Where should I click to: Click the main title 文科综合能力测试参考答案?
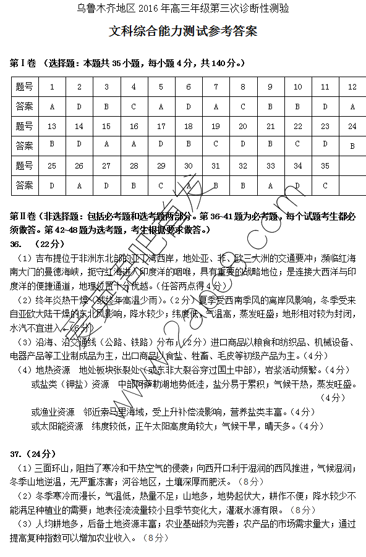tap(183, 31)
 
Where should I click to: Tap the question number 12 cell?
tap(352, 87)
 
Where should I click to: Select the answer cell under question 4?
tap(134, 107)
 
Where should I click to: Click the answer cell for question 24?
tap(352, 146)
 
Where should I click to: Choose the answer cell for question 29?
tap(161, 185)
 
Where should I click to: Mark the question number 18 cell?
tap(189, 127)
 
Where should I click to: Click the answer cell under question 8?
tap(243, 107)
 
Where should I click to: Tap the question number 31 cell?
tap(216, 166)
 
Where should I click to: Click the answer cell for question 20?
tap(243, 146)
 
